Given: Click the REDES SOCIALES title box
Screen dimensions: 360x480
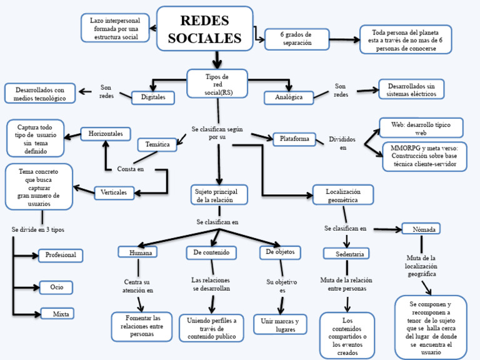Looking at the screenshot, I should tap(204, 29).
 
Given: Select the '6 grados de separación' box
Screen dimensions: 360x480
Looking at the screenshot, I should tap(296, 39).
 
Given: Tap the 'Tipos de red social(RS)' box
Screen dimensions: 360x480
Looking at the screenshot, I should tap(217, 84).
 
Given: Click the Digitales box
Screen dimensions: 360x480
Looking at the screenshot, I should tap(153, 97).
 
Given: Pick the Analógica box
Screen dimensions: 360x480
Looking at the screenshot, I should tap(288, 97).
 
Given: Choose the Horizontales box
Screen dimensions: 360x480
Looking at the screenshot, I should tap(106, 134).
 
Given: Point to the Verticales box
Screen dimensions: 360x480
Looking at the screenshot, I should tap(114, 192).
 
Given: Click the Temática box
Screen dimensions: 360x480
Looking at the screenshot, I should tap(157, 144).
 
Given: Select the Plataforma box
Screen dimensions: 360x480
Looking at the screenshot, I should tap(294, 139).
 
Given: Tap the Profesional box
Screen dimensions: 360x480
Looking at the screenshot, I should tap(61, 255).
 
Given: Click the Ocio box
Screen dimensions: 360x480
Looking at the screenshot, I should tap(56, 287).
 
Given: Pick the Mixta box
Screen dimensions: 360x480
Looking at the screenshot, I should tap(61, 313).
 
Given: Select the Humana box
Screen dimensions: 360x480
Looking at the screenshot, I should tap(137, 252).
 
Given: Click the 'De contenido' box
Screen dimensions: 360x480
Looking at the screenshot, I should tap(211, 252).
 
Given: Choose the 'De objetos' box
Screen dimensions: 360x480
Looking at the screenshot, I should tap(281, 252).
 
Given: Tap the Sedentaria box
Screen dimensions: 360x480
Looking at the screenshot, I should tap(346, 253).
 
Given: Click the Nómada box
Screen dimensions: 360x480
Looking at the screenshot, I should tap(424, 229).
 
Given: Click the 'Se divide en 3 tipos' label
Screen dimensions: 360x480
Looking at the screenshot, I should tap(37, 229).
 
